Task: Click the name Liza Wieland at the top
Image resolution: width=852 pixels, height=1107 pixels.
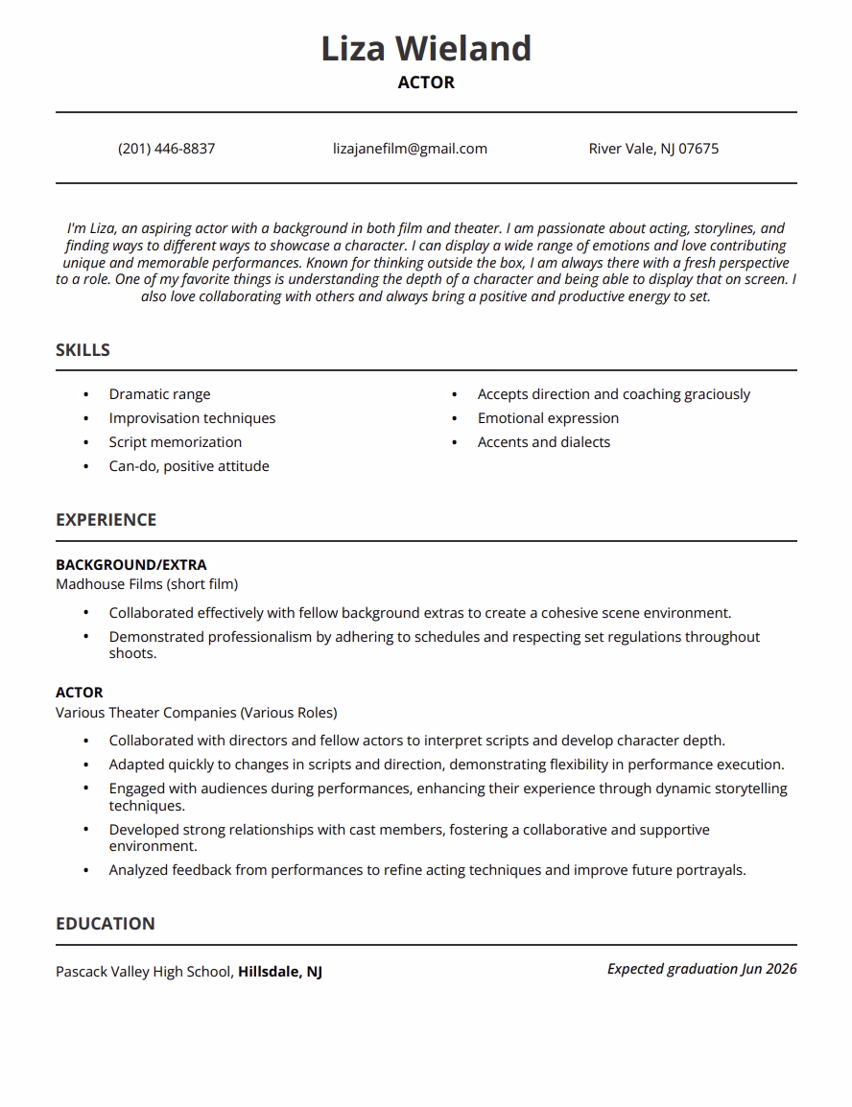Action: click(426, 48)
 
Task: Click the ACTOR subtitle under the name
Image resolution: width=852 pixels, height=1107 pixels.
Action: click(426, 82)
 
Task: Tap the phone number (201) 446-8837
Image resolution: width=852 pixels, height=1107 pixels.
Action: click(167, 149)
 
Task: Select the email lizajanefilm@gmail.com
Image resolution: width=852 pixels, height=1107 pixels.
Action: click(410, 149)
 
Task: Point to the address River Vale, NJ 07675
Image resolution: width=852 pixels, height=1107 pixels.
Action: click(653, 149)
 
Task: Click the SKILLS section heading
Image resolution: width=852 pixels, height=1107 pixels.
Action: click(83, 350)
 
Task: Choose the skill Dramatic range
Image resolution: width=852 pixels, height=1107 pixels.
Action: click(159, 394)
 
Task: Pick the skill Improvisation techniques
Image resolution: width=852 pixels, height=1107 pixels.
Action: click(192, 418)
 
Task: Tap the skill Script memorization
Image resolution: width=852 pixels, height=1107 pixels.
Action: click(176, 442)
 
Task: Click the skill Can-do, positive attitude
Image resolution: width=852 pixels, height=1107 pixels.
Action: click(189, 466)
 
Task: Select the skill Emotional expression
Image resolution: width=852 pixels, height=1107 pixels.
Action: click(548, 418)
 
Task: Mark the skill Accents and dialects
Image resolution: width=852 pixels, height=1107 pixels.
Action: click(544, 442)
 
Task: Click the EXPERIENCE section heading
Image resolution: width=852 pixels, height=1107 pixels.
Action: click(106, 520)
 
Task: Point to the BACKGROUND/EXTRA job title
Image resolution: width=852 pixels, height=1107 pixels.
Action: click(130, 565)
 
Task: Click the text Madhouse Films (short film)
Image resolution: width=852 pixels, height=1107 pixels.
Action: click(147, 584)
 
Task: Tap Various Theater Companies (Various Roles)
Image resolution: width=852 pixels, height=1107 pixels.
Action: click(197, 713)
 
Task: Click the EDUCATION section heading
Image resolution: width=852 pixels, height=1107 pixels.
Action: click(105, 924)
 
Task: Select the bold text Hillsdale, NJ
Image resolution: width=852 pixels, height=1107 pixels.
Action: click(280, 972)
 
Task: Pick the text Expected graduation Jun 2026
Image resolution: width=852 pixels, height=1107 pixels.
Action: click(701, 969)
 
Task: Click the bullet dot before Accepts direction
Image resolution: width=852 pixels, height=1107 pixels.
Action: click(455, 394)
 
